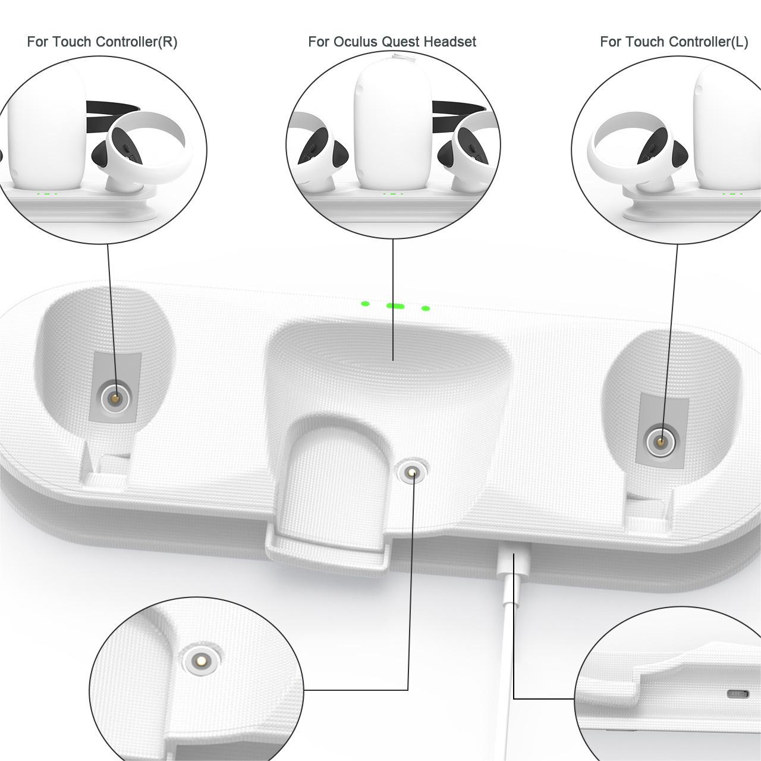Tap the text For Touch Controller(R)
point(102,42)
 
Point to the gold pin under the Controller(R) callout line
point(115,398)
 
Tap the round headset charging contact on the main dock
point(413,471)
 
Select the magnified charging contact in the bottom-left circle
point(200,659)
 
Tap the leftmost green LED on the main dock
point(365,304)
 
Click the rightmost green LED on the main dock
point(425,308)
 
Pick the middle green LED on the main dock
point(395,306)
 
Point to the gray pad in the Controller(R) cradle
point(115,388)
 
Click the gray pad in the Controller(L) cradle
point(662,431)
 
